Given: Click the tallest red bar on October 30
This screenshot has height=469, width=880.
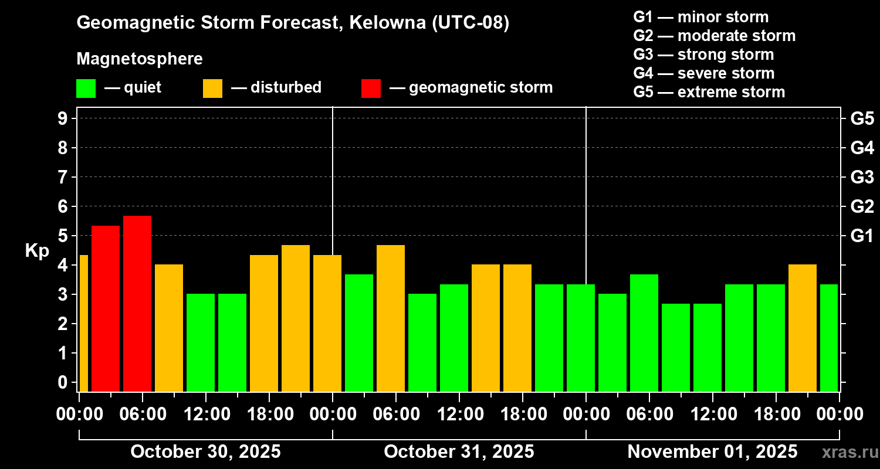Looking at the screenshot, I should (x=137, y=303).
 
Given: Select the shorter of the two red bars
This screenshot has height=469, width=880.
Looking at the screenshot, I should (x=106, y=308).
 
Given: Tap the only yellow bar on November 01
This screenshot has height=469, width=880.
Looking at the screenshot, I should (x=803, y=328).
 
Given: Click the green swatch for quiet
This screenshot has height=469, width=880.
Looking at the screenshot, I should (x=86, y=89).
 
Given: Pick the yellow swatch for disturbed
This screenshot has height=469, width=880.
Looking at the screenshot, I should (x=212, y=89).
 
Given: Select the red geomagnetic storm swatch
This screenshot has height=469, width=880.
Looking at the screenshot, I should (x=371, y=89).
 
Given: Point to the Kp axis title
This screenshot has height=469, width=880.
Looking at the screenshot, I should (x=37, y=250).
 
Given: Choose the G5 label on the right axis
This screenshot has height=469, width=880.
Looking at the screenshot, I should (x=862, y=118).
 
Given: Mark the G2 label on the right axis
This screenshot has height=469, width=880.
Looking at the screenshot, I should (x=862, y=206).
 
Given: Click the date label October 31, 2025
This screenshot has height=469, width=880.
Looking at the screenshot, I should (x=459, y=451).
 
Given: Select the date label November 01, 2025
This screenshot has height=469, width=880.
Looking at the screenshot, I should (x=712, y=451).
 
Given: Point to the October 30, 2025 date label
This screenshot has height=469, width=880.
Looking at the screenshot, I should (x=205, y=451).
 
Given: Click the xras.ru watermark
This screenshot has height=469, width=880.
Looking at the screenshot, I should (x=848, y=451).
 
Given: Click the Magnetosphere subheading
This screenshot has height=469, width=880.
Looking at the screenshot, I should (x=140, y=59).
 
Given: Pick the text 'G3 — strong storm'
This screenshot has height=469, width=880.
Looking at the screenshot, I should (x=703, y=55).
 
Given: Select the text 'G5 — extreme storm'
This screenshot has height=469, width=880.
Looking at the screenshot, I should (x=709, y=92).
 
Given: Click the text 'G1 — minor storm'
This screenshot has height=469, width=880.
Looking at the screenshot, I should (x=700, y=17).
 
